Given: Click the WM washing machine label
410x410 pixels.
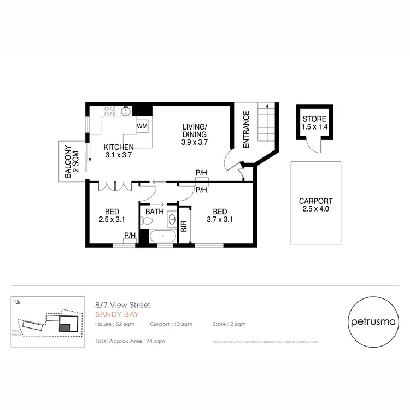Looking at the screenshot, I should [142, 126].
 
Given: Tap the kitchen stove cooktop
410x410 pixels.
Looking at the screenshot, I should [109, 111].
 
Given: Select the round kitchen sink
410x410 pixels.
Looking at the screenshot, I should [126, 112].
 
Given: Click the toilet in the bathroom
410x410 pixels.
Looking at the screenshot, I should [147, 221].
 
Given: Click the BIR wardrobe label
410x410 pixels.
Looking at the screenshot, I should [184, 226].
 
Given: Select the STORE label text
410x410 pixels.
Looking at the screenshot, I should [314, 119].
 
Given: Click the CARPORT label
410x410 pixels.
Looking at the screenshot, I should [315, 201].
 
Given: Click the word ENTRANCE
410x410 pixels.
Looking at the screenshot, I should [246, 130].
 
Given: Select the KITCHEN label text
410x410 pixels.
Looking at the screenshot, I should [119, 147].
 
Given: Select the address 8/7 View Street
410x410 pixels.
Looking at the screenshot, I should [122, 305].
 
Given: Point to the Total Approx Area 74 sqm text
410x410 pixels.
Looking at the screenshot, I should [130, 341].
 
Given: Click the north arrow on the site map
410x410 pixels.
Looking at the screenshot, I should [16, 300].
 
